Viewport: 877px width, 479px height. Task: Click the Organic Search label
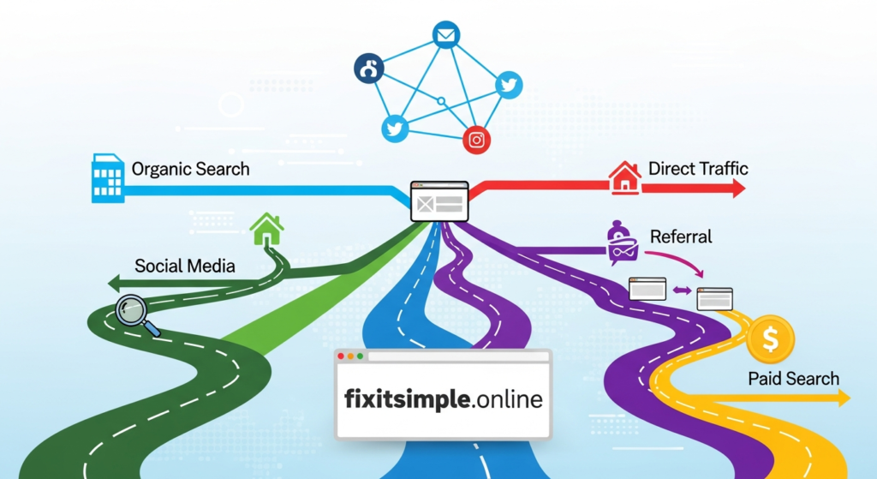pyautogui.click(x=190, y=169)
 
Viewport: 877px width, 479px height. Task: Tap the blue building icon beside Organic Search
pyautogui.click(x=107, y=178)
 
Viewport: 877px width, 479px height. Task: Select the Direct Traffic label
pyautogui.click(x=698, y=168)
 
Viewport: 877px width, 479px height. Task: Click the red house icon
pyautogui.click(x=624, y=178)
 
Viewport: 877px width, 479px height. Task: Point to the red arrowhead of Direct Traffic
pyautogui.click(x=738, y=189)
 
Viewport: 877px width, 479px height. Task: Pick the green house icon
pyautogui.click(x=267, y=229)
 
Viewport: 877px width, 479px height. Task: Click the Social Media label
pyautogui.click(x=185, y=266)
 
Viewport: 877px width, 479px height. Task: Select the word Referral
pyautogui.click(x=681, y=237)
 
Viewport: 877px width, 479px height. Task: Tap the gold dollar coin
pyautogui.click(x=771, y=340)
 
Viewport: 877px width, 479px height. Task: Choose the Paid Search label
pyautogui.click(x=793, y=378)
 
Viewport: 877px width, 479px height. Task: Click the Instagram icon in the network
pyautogui.click(x=477, y=140)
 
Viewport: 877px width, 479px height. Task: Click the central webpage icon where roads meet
pyautogui.click(x=439, y=201)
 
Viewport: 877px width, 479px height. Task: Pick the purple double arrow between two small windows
pyautogui.click(x=682, y=290)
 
